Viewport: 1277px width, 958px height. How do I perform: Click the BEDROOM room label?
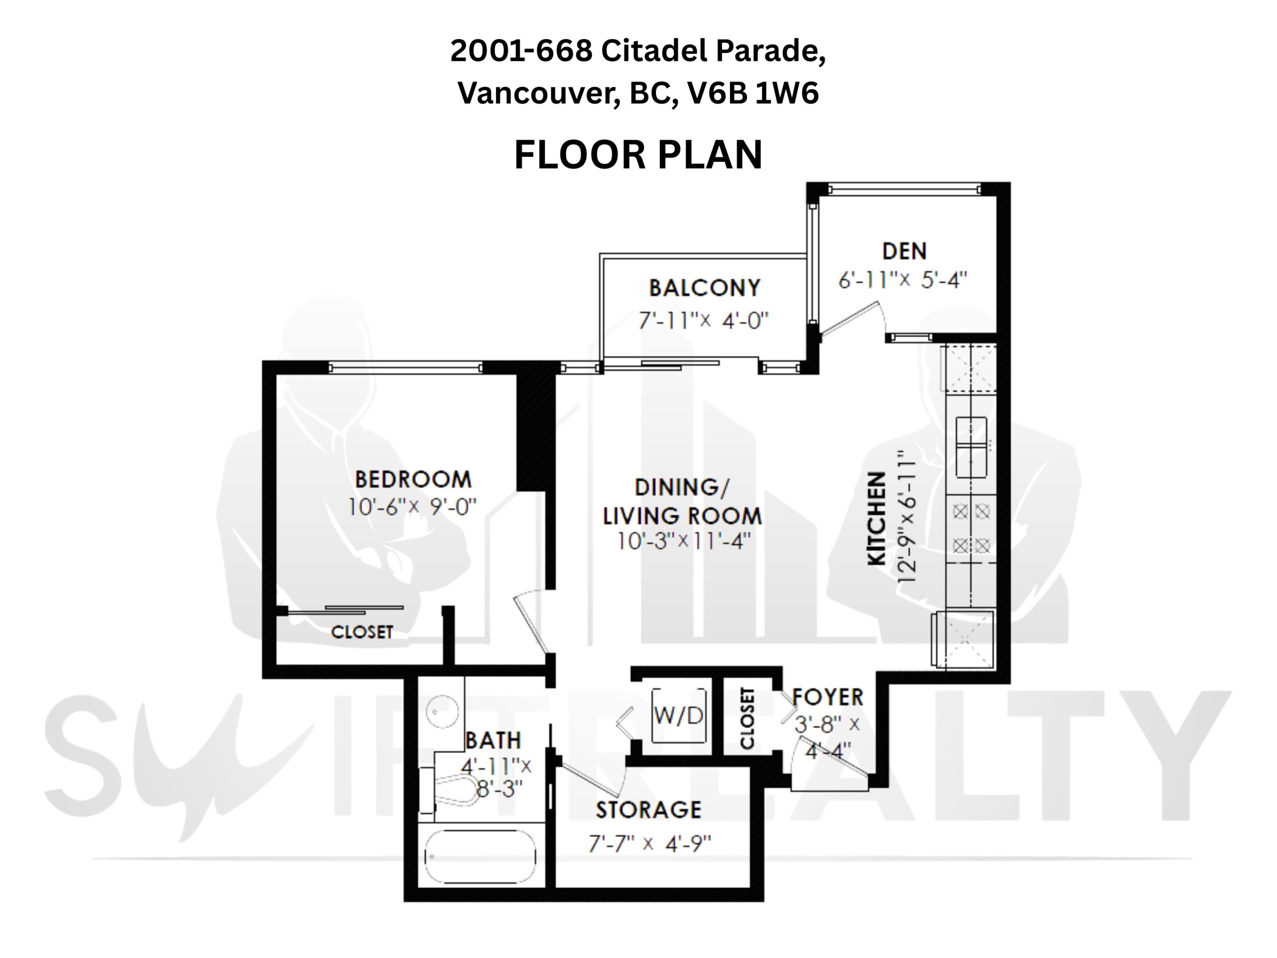click(413, 479)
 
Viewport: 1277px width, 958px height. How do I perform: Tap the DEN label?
click(905, 251)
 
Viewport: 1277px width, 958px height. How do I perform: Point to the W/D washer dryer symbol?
click(679, 715)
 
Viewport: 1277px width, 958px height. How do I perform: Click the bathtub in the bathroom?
click(480, 857)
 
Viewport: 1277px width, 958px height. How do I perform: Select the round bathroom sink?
click(442, 711)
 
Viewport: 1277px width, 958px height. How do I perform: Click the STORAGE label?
click(648, 810)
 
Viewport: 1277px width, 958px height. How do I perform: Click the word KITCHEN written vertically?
click(877, 519)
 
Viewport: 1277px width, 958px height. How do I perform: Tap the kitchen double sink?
click(971, 447)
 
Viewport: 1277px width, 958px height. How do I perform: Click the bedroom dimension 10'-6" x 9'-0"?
click(412, 507)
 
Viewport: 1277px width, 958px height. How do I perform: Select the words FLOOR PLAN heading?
click(638, 155)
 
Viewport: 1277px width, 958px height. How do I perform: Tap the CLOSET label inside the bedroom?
click(362, 632)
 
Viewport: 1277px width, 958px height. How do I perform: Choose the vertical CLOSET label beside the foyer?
click(747, 718)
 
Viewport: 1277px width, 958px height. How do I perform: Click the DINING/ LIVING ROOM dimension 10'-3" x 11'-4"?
click(684, 541)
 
